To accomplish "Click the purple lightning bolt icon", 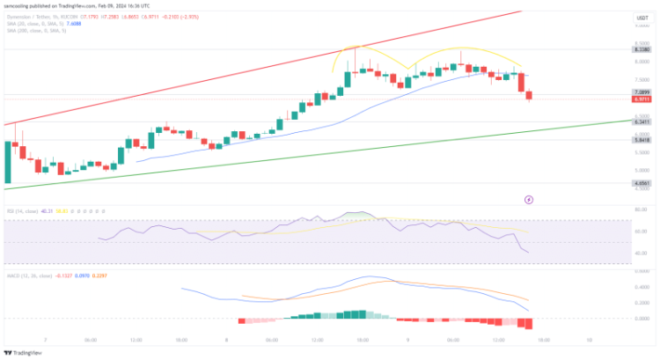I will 529,200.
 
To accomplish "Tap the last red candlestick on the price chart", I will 529,95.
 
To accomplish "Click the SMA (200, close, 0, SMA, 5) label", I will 34,31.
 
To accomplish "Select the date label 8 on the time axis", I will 226,339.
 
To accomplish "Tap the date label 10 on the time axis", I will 589,339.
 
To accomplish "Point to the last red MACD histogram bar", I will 529,323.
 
